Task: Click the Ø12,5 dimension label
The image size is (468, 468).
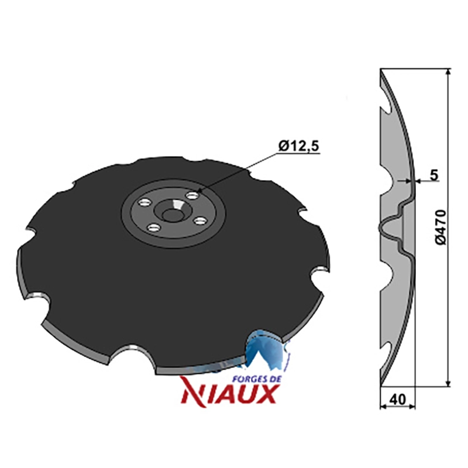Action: (299, 146)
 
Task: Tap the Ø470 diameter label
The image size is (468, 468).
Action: (441, 228)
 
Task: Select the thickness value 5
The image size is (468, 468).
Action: (434, 175)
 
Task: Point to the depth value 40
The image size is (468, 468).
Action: (398, 400)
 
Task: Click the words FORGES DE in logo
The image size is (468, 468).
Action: (257, 379)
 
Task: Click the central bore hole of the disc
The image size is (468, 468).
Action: (171, 214)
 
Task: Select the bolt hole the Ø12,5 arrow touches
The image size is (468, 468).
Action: (192, 196)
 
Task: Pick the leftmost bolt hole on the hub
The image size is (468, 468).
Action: (144, 203)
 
